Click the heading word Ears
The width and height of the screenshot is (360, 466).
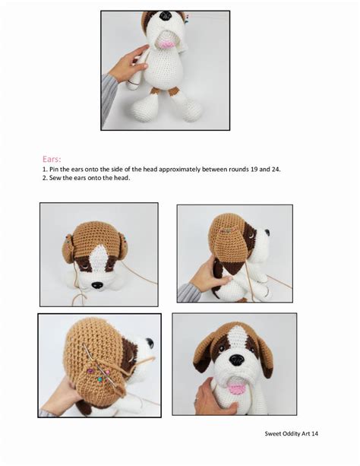coord(52,160)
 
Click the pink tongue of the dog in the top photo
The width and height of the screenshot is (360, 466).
coord(166,44)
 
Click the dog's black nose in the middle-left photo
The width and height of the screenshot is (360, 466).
coord(97,285)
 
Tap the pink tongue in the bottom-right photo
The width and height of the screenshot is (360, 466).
coord(237,389)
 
